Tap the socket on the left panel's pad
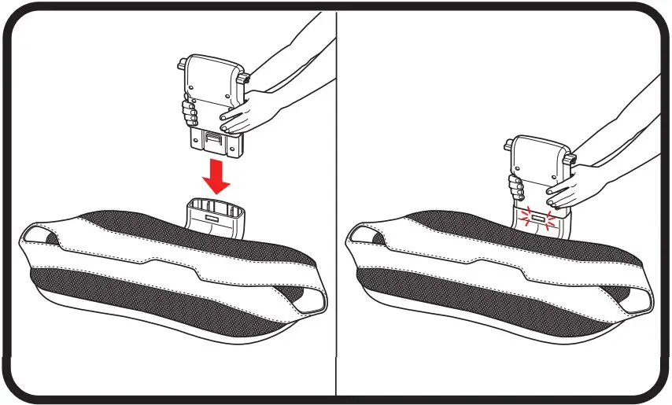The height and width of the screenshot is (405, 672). click(x=214, y=219)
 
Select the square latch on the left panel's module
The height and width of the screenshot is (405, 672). click(x=212, y=140)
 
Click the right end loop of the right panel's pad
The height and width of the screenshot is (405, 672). click(x=639, y=299)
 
